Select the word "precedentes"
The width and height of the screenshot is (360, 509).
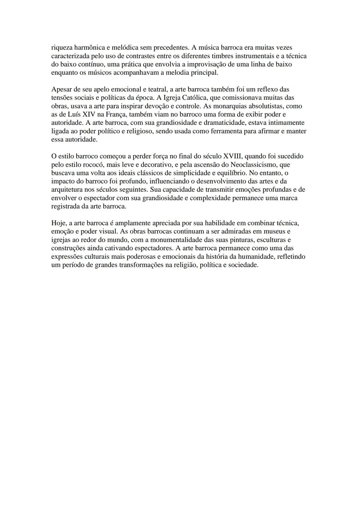click(x=170, y=48)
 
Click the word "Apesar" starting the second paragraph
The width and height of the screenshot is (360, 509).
click(x=62, y=89)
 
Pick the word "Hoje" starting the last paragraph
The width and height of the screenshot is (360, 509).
click(x=58, y=223)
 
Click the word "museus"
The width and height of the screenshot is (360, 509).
click(x=279, y=231)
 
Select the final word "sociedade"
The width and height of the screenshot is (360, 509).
click(x=243, y=265)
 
